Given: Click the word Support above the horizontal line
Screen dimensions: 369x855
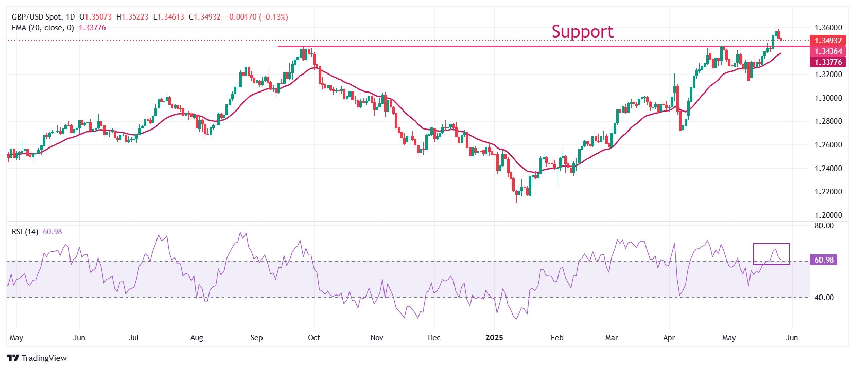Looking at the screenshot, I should coord(582,32).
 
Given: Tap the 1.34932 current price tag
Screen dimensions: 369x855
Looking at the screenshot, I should coord(828,41).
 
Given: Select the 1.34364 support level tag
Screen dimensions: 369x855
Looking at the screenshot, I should coord(828,51).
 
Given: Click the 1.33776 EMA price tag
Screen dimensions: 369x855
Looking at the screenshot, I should coord(828,62).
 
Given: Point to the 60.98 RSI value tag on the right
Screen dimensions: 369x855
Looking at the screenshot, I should coord(824,260).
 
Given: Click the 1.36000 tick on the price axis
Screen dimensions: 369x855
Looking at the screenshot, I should coord(828,28).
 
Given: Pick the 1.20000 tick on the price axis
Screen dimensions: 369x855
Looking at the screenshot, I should coord(828,215).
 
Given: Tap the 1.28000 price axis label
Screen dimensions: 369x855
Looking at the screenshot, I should coord(828,121).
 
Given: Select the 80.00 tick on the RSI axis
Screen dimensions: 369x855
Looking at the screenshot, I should coord(824,226).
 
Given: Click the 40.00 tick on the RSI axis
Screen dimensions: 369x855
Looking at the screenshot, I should coord(824,298).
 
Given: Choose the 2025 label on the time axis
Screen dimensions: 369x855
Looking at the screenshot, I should coord(494,338).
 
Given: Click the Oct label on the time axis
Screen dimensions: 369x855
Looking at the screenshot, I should coord(313,338).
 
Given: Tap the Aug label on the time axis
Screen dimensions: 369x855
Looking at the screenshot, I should coord(197,338).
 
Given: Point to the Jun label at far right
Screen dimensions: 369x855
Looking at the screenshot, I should coord(792,338).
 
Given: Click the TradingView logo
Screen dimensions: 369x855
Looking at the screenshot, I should coord(37,358).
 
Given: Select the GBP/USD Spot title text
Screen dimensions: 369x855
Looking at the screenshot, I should coord(36,17).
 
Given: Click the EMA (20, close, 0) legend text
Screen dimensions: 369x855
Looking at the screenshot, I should coord(43,28).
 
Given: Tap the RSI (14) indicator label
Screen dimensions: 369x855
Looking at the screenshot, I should coord(25,232).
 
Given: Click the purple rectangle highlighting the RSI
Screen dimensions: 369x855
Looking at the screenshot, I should coord(771,254).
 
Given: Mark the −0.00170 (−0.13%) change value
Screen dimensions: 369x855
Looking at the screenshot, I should coord(256,17).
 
